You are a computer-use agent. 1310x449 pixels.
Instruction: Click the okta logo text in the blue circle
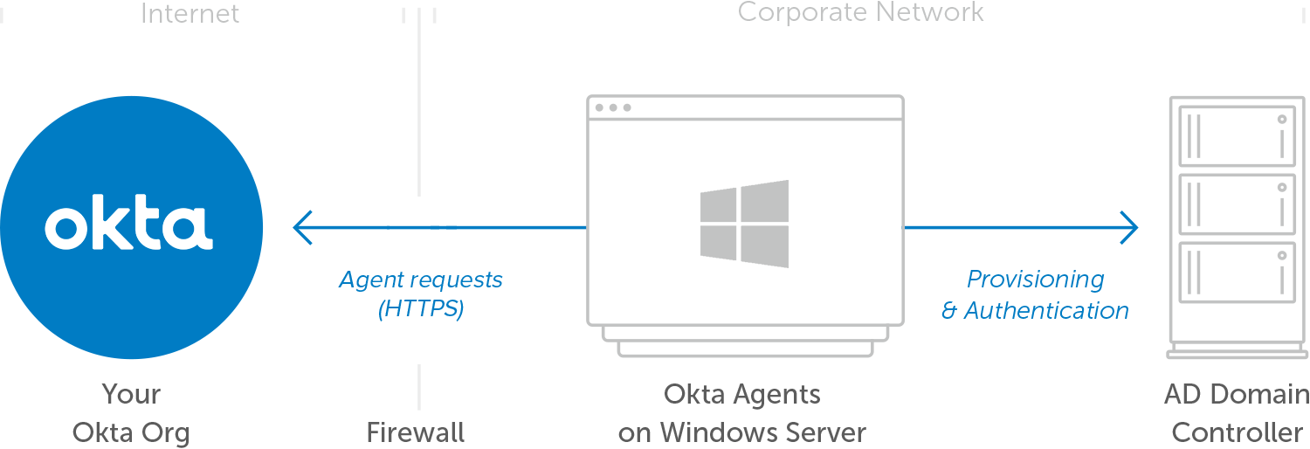pyautogui.click(x=128, y=226)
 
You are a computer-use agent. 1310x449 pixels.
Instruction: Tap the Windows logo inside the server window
pyautogui.click(x=744, y=224)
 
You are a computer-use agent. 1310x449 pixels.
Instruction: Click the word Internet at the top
pyautogui.click(x=190, y=13)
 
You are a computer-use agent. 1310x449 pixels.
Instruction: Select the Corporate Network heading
pyautogui.click(x=860, y=12)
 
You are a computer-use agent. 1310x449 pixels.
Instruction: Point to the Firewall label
pyautogui.click(x=415, y=432)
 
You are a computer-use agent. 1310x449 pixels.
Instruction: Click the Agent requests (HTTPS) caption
pyautogui.click(x=421, y=294)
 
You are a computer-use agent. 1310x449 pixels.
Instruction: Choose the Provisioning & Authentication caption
pyautogui.click(x=1035, y=294)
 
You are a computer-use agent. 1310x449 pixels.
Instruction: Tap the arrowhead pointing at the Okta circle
pyautogui.click(x=301, y=228)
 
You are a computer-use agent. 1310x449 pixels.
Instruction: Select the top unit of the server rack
pyautogui.click(x=1237, y=135)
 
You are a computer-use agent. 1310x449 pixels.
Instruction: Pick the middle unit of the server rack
pyautogui.click(x=1237, y=204)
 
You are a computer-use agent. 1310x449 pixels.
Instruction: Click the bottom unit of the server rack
pyautogui.click(x=1237, y=272)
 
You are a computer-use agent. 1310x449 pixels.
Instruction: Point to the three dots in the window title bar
pyautogui.click(x=612, y=107)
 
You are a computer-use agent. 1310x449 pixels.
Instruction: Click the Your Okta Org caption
pyautogui.click(x=131, y=413)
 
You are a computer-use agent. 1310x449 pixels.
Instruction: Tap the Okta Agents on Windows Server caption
pyautogui.click(x=742, y=413)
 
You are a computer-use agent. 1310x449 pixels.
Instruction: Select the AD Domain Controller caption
pyautogui.click(x=1237, y=413)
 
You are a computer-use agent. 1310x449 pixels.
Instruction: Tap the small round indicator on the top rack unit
pyautogui.click(x=1282, y=118)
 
